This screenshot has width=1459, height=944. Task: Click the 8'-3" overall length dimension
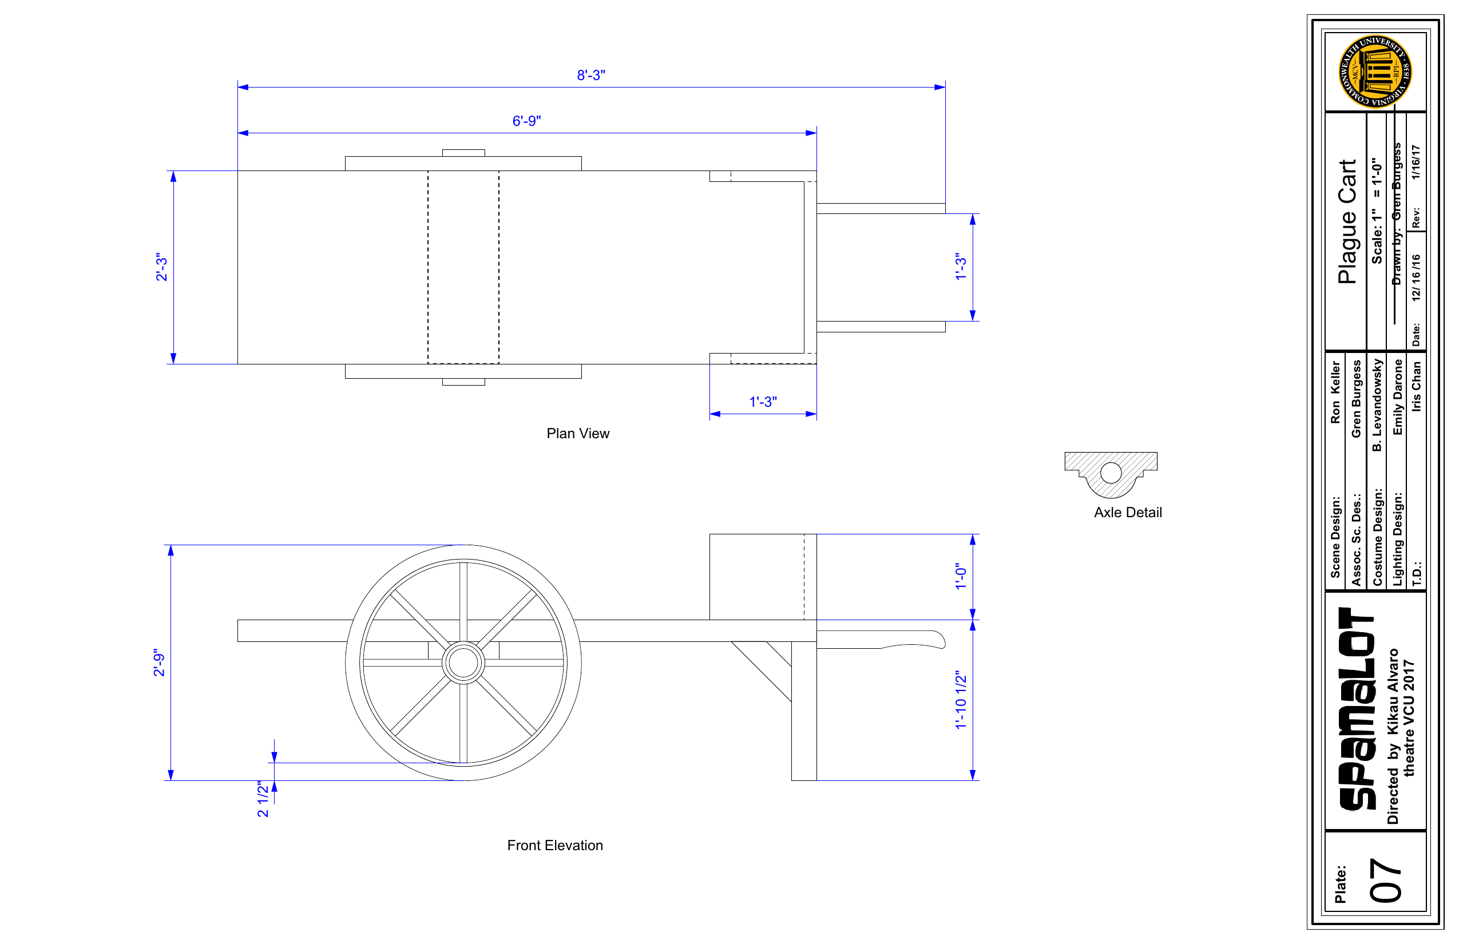click(591, 75)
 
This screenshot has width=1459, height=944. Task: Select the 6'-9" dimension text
click(526, 121)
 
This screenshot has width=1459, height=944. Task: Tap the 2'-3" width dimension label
click(161, 267)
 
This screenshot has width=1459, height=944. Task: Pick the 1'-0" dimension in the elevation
click(961, 576)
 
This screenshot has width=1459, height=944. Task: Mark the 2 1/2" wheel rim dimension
click(263, 799)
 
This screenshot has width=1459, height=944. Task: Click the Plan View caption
click(578, 434)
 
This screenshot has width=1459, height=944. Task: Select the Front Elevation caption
click(555, 846)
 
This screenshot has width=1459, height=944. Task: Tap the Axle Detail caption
click(1128, 513)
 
